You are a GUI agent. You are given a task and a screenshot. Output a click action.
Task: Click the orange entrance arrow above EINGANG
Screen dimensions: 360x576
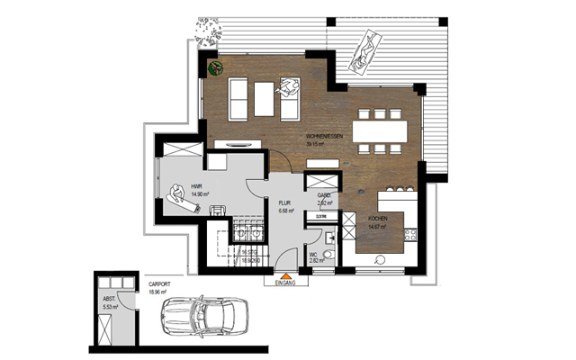tap(286, 275)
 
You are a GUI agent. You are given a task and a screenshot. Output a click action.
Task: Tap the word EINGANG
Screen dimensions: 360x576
tap(286, 284)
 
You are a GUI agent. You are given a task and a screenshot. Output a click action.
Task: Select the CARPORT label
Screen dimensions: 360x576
tap(160, 283)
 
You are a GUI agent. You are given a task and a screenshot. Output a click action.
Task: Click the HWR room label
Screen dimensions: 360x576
tap(196, 186)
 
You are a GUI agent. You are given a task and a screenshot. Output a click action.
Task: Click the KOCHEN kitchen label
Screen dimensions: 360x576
tap(377, 219)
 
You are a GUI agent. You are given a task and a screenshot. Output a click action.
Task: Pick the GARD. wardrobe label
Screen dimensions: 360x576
tap(325, 195)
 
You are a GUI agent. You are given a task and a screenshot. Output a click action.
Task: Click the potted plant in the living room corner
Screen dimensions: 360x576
tap(216, 67)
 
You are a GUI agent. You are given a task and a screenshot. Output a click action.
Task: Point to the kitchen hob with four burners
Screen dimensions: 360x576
tap(413, 236)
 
